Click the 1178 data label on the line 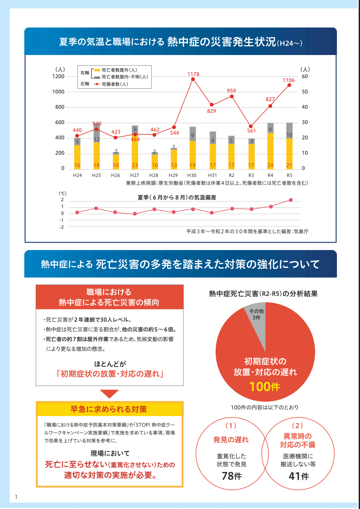pos(193,74)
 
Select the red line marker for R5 pos(289,85)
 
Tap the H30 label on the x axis pos(192,175)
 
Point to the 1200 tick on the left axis pos(58,76)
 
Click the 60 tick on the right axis pos(305,76)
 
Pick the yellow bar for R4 pos(270,150)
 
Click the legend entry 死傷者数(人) pos(115,84)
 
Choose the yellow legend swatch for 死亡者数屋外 pos(97,70)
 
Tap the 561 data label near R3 pos(252,131)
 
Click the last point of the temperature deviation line pos(291,200)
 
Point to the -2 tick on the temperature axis pos(61,227)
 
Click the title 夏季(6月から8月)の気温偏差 pos(177,198)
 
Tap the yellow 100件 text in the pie pos(265,387)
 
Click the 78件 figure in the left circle pos(232,476)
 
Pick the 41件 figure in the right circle pos(299,476)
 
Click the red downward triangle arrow pos(109,393)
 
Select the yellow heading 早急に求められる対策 pos(109,409)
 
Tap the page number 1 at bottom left pos(16,497)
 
